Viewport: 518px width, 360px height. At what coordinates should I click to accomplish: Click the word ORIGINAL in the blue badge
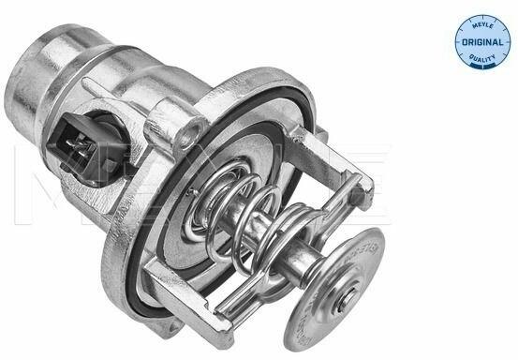pos(482,42)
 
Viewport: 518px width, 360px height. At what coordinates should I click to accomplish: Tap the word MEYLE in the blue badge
pos(482,26)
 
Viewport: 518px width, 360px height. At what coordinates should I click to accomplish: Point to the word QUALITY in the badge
pos(482,59)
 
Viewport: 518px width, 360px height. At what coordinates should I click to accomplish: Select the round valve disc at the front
pos(333,290)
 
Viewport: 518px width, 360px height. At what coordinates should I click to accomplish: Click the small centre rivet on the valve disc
pos(347,300)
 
